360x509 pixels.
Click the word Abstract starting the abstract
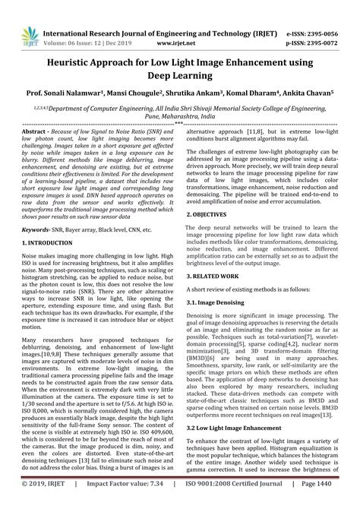point(36,131)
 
